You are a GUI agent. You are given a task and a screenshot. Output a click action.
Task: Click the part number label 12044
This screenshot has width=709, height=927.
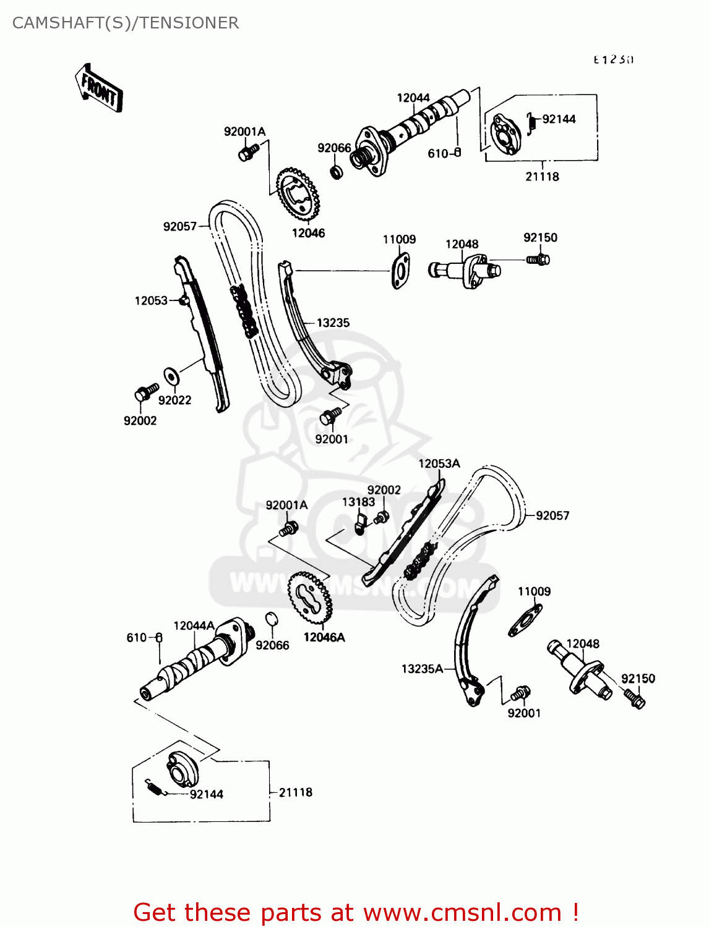[413, 98]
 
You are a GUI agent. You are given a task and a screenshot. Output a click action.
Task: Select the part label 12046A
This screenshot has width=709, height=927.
[324, 637]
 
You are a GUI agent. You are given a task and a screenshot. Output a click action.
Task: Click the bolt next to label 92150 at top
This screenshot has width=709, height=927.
[538, 260]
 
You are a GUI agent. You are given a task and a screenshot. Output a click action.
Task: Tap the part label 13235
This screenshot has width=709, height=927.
[333, 323]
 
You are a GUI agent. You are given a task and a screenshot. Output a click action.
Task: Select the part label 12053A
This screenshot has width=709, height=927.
[439, 463]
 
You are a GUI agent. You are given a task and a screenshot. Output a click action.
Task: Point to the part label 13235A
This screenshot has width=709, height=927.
[422, 669]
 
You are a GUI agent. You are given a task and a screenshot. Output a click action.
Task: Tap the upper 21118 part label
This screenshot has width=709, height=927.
[542, 177]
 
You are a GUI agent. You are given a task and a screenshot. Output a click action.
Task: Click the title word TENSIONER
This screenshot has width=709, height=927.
[189, 23]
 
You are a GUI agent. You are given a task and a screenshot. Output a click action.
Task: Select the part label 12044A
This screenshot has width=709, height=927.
[194, 625]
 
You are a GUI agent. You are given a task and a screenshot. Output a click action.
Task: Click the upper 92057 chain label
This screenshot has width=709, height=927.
[179, 227]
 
